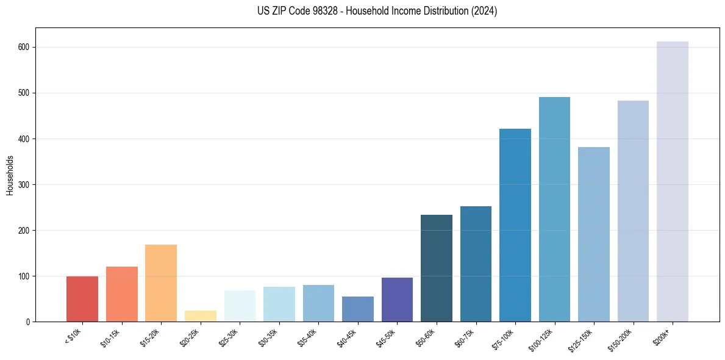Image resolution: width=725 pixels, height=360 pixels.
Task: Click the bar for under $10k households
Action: (82, 299)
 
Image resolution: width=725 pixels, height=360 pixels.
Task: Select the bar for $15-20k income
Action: (161, 283)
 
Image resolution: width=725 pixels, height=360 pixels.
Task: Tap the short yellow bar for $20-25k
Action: (201, 316)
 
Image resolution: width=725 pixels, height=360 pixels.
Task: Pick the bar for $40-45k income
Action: (358, 309)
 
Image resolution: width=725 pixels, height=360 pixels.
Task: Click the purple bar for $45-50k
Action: (397, 300)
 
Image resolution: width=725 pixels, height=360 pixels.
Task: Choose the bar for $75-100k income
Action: (515, 225)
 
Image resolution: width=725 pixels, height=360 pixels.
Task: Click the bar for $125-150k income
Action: (594, 234)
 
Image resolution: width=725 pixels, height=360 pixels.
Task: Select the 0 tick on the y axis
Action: (29, 322)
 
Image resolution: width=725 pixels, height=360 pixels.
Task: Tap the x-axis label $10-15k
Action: (112, 338)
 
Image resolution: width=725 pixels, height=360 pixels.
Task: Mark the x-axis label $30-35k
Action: (269, 338)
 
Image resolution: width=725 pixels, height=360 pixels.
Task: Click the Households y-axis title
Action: (10, 175)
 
